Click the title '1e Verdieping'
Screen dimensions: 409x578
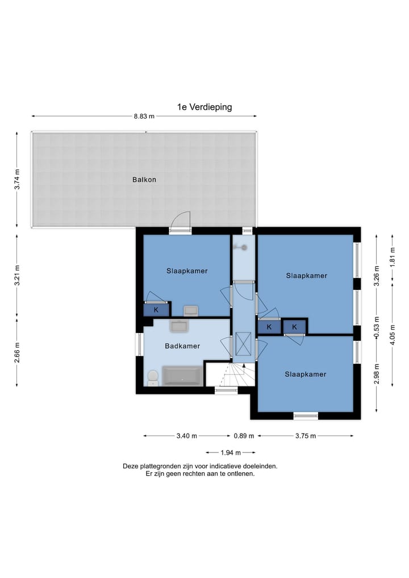coord(204,107)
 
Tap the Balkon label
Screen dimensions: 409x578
coord(144,180)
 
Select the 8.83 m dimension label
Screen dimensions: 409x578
coord(144,116)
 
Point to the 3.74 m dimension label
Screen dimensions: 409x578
coord(17,180)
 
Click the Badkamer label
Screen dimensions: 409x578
coord(182,346)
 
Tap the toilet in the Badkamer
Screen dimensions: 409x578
coord(153,378)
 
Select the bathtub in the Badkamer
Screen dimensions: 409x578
coord(183,376)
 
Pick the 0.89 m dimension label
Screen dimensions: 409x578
coord(244,436)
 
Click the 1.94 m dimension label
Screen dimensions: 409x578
coord(231,452)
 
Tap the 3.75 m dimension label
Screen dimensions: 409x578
coord(306,436)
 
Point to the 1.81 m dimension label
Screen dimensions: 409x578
coord(393,256)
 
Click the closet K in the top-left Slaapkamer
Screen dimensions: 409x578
coord(156,310)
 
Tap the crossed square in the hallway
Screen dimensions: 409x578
coord(243,343)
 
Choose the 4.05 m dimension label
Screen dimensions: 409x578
coord(393,334)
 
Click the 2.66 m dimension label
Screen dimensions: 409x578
coord(17,352)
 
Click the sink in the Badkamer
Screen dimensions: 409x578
coord(179,326)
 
